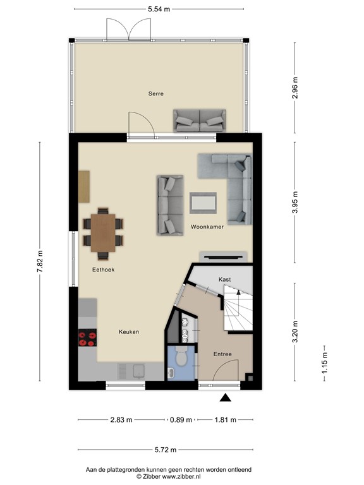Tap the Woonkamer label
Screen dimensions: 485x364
pos(207,227)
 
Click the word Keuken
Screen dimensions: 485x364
pos(128,332)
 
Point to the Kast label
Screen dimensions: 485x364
pos(224,278)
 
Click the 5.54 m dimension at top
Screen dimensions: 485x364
pos(158,10)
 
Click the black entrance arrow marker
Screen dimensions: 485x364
pos(225,397)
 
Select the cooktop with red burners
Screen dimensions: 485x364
pos(87,339)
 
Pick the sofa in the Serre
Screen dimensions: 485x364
pos(200,120)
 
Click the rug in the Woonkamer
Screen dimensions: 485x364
pos(203,203)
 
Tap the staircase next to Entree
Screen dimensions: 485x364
pos(238,313)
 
